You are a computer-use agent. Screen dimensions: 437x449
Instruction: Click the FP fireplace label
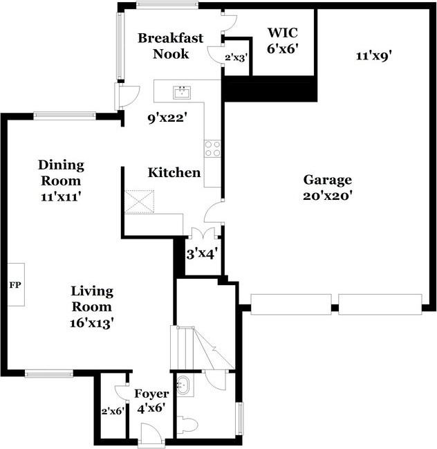coord(15,285)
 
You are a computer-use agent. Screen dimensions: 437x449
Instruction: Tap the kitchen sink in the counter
coord(182,93)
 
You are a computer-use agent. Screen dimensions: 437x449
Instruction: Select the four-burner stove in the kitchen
coord(212,148)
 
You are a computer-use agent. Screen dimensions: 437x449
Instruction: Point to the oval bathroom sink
coord(183,386)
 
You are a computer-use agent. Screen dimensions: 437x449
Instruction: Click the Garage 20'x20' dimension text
coord(327,196)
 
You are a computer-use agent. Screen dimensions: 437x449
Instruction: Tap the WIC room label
coord(283,33)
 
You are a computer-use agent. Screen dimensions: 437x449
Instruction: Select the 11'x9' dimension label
coord(373,56)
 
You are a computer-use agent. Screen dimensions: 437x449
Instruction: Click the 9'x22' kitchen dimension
coord(167,118)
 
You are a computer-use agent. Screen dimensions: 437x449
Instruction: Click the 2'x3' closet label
coord(236,58)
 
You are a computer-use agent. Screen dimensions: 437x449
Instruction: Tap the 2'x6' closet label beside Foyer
coord(113,412)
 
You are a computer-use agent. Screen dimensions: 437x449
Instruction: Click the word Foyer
coord(151,394)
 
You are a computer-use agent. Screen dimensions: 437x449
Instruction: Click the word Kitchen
coord(174,173)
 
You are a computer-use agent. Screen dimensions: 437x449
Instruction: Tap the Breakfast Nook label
coord(171,46)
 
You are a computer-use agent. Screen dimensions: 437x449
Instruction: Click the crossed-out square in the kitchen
coord(140,201)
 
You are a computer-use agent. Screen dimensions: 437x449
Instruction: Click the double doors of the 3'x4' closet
coord(203,233)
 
